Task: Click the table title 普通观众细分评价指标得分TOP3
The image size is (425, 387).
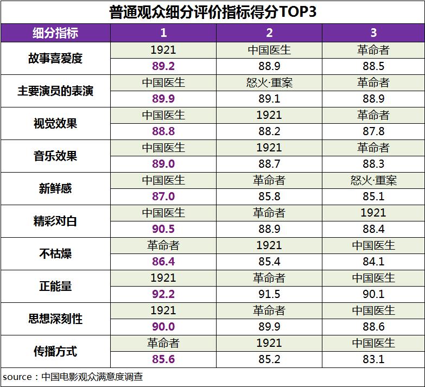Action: click(x=212, y=12)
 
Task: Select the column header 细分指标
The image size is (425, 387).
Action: click(x=55, y=33)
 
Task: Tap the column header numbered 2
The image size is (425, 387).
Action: click(x=269, y=33)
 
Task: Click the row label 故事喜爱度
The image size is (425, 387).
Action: click(x=55, y=58)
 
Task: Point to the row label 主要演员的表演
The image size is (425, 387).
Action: click(x=55, y=91)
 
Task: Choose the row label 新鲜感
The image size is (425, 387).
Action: click(x=55, y=188)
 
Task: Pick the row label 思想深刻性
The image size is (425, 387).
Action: click(x=55, y=319)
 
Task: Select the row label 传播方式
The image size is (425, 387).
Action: click(x=55, y=351)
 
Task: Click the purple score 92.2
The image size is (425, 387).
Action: click(x=163, y=294)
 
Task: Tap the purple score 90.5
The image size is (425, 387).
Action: click(x=163, y=229)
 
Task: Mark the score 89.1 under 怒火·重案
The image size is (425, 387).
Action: click(x=269, y=99)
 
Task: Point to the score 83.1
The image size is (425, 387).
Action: click(x=373, y=359)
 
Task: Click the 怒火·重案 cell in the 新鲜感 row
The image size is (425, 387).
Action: click(x=373, y=180)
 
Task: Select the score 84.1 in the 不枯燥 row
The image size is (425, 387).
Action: click(x=373, y=262)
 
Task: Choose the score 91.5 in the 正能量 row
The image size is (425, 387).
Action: click(x=269, y=294)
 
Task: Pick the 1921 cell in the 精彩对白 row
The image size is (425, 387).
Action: click(x=373, y=213)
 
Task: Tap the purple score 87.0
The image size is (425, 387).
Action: click(x=163, y=196)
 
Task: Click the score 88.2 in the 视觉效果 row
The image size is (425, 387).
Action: click(x=269, y=131)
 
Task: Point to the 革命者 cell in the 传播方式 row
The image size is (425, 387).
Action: click(x=163, y=343)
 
